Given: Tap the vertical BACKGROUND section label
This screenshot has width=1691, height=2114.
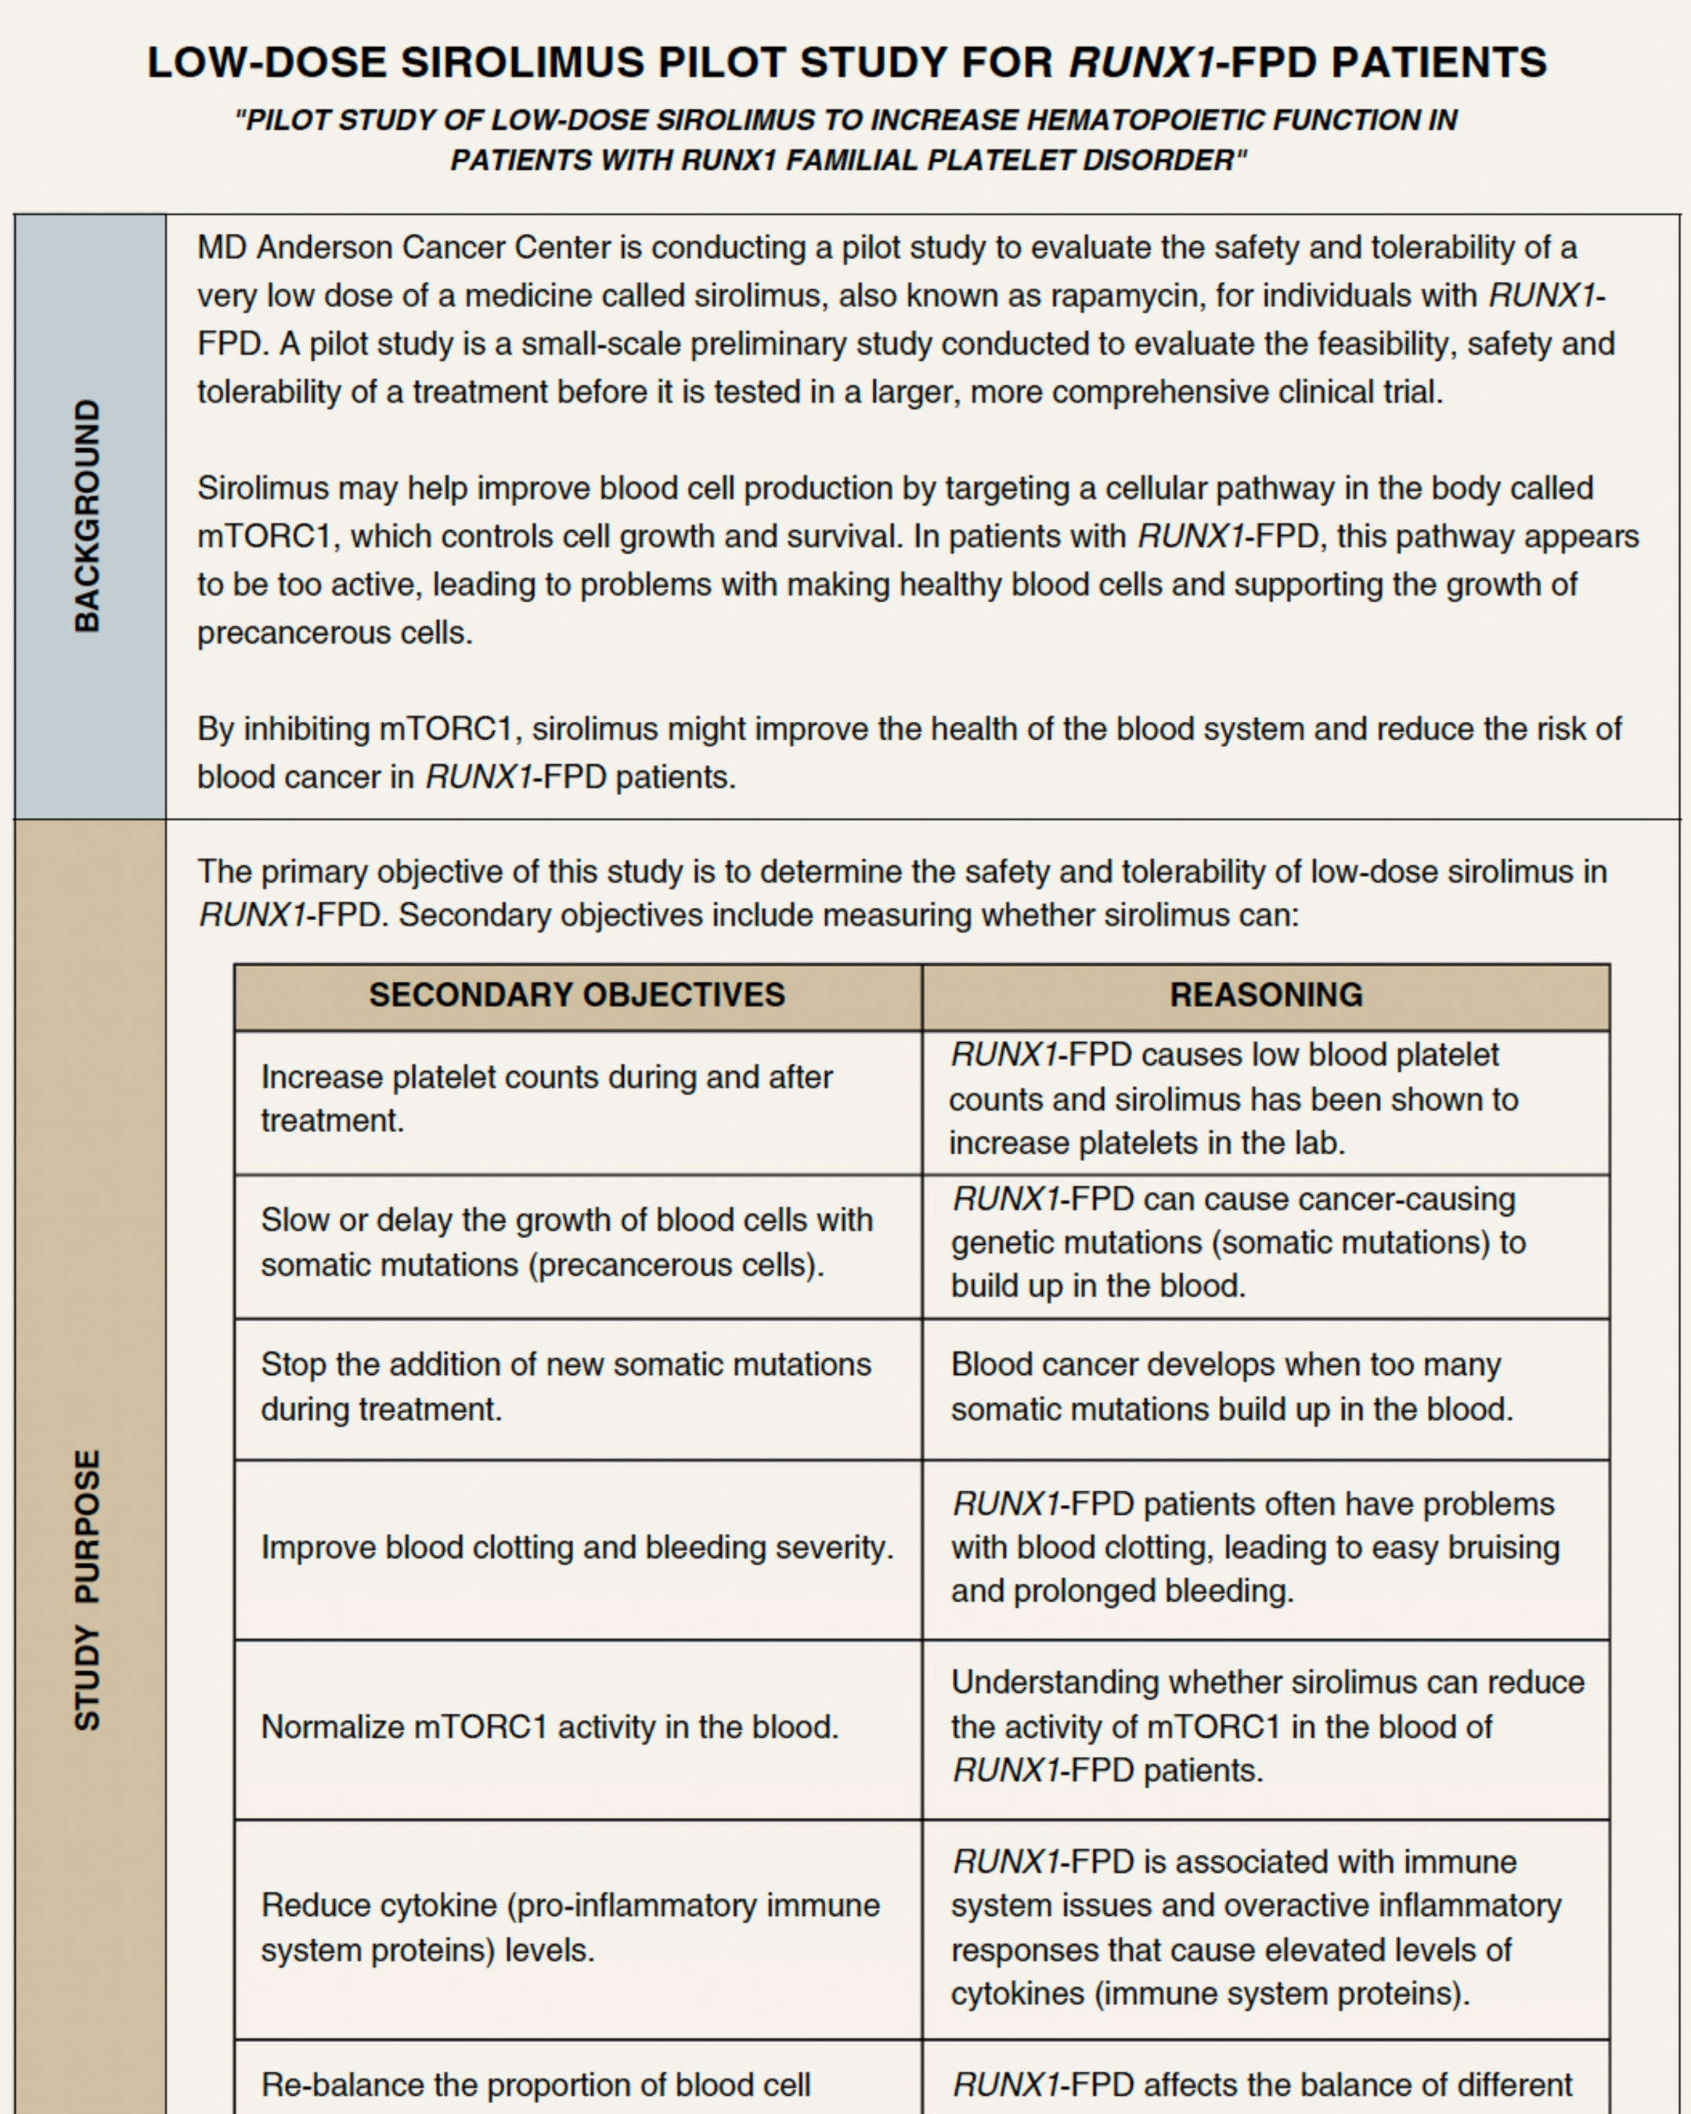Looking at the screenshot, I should [88, 516].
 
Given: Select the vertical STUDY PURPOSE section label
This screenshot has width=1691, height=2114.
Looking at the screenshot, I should [88, 1589].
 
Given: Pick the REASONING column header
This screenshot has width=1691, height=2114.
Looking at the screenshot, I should [1266, 995].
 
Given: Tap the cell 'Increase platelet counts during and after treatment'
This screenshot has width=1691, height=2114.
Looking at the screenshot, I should [546, 1099].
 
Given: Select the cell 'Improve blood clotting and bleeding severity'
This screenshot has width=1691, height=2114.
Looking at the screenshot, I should [576, 1547].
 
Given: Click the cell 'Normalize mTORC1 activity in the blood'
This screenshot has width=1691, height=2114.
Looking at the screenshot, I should [549, 1726].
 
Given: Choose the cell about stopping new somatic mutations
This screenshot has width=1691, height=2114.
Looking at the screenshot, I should [566, 1387].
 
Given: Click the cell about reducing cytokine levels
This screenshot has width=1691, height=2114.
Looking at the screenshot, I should [570, 1927].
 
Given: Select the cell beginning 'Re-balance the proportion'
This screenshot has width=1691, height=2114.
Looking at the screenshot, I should [535, 2084].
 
